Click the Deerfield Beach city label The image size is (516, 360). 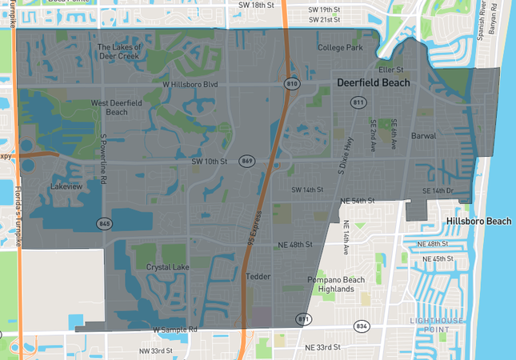tap(373, 82)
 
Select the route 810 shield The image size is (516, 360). tap(291, 83)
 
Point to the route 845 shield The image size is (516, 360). tap(104, 222)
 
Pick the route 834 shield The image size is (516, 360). tap(362, 326)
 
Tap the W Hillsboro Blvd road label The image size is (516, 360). tap(190, 84)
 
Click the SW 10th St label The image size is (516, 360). tap(210, 162)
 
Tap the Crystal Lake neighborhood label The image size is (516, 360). tap(168, 266)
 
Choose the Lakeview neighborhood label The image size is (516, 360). tap(66, 186)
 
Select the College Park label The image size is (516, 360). tap(340, 48)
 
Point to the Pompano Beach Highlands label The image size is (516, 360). tap(336, 284)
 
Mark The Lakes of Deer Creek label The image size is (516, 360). tap(118, 51)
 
